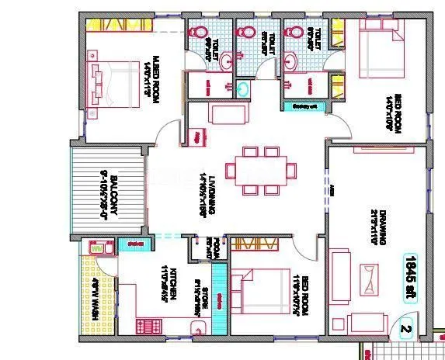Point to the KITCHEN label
pos(165,286)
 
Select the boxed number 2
pos(405,327)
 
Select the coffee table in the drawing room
pos(371,276)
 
